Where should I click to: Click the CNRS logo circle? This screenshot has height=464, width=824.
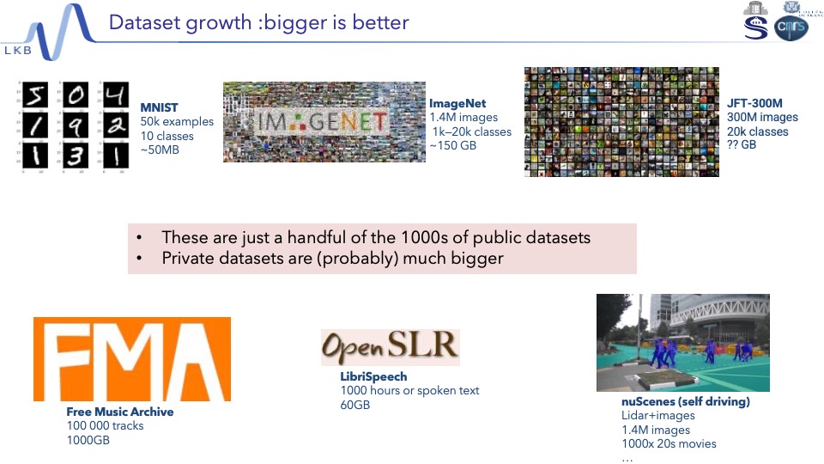click(x=791, y=27)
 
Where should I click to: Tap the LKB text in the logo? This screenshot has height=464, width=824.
click(x=18, y=51)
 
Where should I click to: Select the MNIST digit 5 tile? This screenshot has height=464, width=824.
click(x=35, y=95)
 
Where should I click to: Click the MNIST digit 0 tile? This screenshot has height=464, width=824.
click(x=76, y=95)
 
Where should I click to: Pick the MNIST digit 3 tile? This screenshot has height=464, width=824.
click(x=76, y=156)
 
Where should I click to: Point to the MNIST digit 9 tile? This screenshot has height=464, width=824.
click(x=76, y=125)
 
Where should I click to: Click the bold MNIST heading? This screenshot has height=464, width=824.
click(x=159, y=107)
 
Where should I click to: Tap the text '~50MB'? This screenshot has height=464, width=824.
click(x=160, y=150)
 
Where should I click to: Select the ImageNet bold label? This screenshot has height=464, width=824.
click(x=457, y=104)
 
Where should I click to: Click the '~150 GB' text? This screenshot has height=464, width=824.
click(x=453, y=145)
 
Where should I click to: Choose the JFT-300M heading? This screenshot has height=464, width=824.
click(x=754, y=103)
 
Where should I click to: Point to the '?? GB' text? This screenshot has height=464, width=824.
click(x=742, y=144)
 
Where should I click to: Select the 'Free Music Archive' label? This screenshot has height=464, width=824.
click(x=120, y=412)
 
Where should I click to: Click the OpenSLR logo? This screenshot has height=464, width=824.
click(x=391, y=347)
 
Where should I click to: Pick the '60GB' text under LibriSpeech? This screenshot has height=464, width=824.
click(x=355, y=405)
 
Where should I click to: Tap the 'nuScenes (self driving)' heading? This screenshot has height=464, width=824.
click(x=685, y=401)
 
